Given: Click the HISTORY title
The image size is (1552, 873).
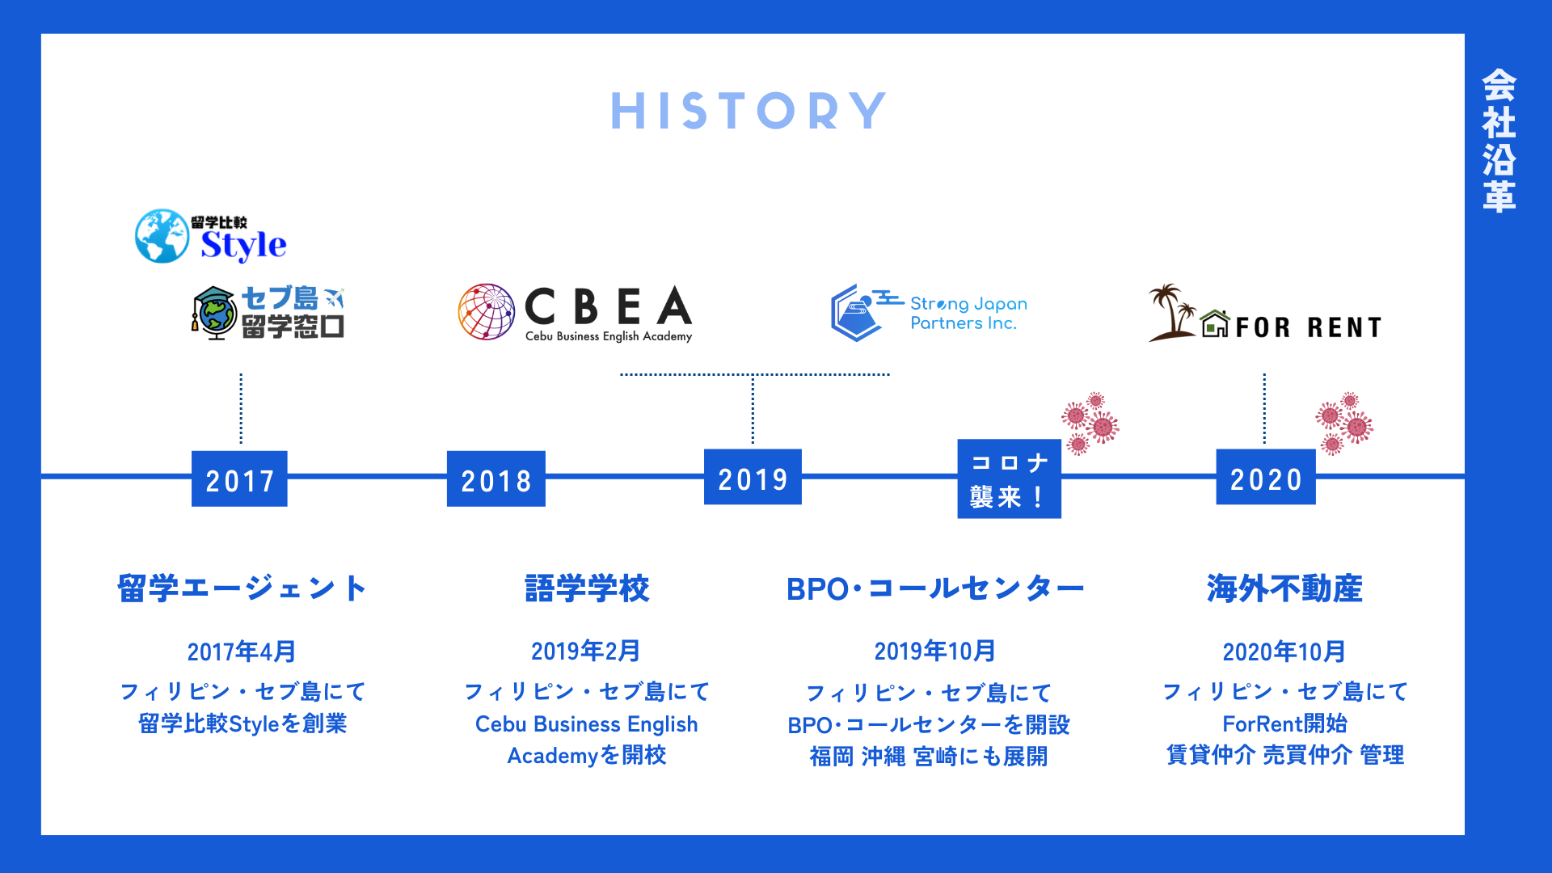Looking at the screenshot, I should point(749,111).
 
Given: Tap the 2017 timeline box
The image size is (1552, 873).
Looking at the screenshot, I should point(239,479).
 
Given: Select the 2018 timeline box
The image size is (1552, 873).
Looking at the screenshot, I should point(496,479).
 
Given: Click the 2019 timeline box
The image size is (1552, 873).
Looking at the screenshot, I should point(753,478).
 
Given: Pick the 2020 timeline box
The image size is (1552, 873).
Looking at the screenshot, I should point(1265,478).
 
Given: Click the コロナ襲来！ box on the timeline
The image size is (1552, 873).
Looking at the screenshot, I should point(1009,479).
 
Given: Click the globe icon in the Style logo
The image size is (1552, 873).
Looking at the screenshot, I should point(162,236).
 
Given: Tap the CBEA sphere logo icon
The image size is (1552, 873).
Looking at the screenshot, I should point(486,311).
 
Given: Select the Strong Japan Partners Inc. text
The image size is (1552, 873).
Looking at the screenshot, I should point(968,313).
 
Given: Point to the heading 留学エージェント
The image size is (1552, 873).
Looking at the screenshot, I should point(242,588).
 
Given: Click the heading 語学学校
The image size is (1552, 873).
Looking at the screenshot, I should point(587,588).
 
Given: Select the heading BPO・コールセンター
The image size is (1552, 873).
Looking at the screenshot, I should point(934,588).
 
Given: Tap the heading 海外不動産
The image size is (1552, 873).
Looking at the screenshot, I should point(1284,588).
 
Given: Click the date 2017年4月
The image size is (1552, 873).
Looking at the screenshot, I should point(241,652).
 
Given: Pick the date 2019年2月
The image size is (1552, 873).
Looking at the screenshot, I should point(586,651).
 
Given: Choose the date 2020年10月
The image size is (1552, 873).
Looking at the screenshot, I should point(1284,652).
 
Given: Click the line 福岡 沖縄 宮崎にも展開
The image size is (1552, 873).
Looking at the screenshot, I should point(929,757).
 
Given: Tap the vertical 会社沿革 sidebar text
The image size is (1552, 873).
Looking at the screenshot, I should point(1499,141).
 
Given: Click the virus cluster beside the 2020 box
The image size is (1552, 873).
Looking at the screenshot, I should point(1344,423).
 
